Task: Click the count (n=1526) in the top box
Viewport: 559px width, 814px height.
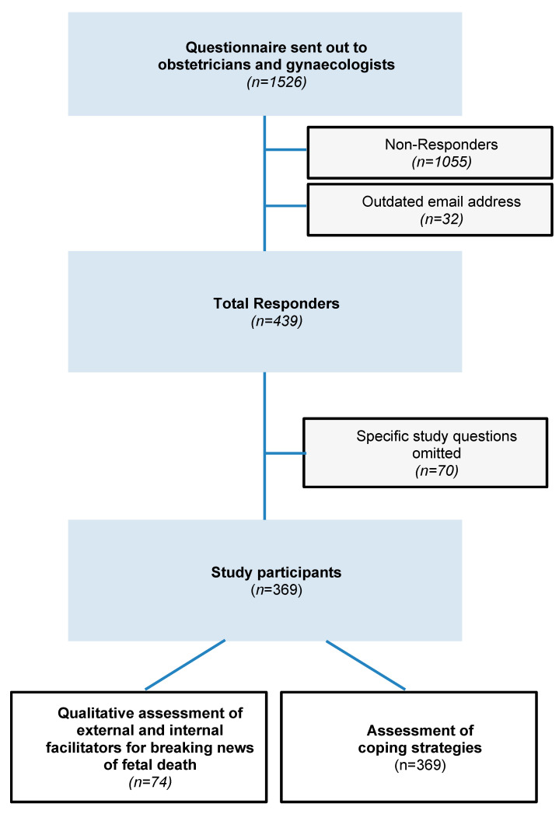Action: coord(277,82)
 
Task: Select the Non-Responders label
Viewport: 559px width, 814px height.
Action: coord(441,145)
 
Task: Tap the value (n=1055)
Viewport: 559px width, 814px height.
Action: coord(442,162)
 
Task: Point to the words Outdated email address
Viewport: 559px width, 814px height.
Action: coord(441,201)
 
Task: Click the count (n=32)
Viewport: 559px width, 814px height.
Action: coord(442,219)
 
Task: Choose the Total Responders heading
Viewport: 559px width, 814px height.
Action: coord(276,304)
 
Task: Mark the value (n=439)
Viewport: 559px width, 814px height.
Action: coord(277,321)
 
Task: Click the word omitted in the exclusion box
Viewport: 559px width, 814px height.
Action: coord(436,453)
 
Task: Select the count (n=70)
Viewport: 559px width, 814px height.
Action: coord(436,471)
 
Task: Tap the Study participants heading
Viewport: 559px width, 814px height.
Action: coord(276,573)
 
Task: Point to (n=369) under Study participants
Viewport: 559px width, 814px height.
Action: coord(277,590)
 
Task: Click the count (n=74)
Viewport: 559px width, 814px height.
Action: coord(150,782)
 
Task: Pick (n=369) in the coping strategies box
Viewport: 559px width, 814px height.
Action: coord(420,765)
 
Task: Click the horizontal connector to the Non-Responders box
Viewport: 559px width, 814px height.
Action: coord(286,149)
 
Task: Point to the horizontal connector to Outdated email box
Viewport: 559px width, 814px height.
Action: coord(286,205)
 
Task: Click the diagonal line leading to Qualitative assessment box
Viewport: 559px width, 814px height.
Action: coord(185,665)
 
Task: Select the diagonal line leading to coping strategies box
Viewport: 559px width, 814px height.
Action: coord(365,665)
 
